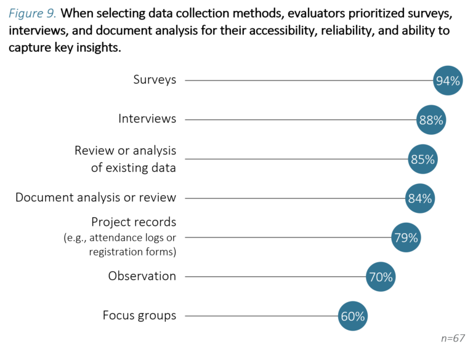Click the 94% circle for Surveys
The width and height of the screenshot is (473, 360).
[x=448, y=81]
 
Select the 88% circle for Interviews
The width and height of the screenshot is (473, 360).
[x=431, y=120]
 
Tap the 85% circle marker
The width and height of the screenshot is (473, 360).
[x=422, y=159]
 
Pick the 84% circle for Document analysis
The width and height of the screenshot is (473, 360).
[x=420, y=199]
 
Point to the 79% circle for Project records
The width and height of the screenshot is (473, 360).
[x=406, y=238]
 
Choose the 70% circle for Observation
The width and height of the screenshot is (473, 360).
[x=381, y=277]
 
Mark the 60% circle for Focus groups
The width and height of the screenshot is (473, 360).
[x=353, y=316]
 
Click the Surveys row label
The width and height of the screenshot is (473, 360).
[x=155, y=80]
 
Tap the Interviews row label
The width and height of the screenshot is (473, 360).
[x=147, y=119]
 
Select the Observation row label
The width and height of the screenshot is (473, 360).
[x=142, y=276]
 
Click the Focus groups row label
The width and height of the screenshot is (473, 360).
[x=139, y=316]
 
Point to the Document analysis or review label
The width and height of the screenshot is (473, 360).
[x=95, y=198]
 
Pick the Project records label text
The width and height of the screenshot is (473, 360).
[x=134, y=222]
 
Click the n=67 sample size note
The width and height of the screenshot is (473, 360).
[x=453, y=338]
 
